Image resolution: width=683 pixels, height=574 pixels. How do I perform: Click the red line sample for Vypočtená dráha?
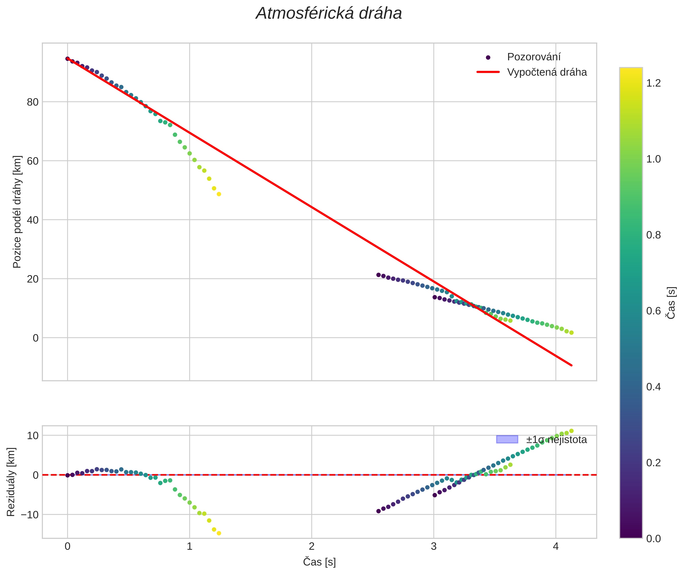(488, 72)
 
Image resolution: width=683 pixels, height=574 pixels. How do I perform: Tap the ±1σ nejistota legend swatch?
(507, 439)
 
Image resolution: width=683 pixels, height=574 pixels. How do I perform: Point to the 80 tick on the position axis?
(33, 102)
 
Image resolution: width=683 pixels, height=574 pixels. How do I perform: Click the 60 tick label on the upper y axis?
(33, 161)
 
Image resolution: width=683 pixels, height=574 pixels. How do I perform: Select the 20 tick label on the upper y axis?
(33, 279)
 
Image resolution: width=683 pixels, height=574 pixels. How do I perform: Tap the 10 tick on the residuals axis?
(33, 436)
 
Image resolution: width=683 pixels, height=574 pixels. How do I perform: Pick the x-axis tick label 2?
(311, 546)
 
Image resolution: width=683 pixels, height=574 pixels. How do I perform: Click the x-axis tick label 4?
(555, 546)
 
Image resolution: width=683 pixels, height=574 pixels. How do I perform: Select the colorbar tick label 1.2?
(653, 83)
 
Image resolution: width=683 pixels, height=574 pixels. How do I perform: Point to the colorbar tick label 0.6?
(653, 311)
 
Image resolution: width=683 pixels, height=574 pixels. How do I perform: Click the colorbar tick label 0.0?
(653, 539)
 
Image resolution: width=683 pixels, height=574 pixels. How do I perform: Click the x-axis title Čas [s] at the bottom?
(319, 562)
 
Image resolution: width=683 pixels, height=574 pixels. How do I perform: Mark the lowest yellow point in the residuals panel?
(219, 533)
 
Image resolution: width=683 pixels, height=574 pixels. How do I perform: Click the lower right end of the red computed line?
(571, 365)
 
